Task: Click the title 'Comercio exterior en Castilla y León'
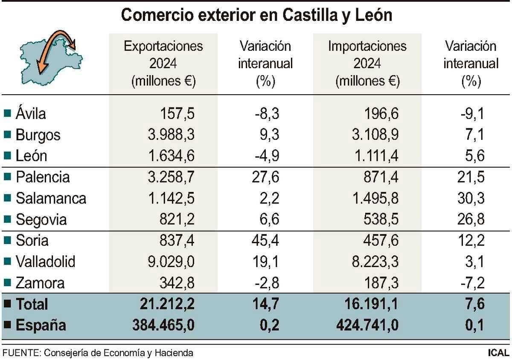point(256,15)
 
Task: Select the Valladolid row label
point(45,261)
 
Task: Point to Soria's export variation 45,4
point(265,241)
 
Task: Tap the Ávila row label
point(31,114)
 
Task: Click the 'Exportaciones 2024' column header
point(163,63)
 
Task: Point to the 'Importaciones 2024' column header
point(367,63)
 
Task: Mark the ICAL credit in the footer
point(498,353)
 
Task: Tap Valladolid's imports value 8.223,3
point(374,261)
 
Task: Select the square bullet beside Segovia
point(7,220)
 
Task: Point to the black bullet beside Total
point(7,304)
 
